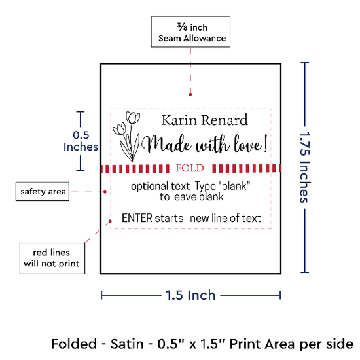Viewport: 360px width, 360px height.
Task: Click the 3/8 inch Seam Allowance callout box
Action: [x=190, y=32]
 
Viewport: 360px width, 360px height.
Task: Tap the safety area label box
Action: [x=43, y=192]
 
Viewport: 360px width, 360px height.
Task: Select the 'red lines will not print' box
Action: [x=52, y=259]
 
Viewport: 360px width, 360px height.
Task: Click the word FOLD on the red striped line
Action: [x=190, y=168]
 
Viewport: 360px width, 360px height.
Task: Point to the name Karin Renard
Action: [x=205, y=120]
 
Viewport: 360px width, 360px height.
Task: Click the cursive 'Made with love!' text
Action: [x=204, y=145]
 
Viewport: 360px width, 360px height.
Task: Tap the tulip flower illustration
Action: [x=127, y=136]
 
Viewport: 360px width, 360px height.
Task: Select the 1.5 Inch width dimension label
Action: [x=190, y=295]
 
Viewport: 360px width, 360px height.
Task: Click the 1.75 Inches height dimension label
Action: [x=305, y=167]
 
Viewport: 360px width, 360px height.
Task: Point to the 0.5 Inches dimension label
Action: [x=81, y=141]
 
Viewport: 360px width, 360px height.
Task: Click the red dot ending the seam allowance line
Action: [x=190, y=94]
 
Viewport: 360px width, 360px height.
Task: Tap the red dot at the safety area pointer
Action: [x=105, y=192]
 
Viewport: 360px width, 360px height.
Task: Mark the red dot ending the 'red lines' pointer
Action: [x=110, y=221]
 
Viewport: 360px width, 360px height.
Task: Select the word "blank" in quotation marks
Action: [x=234, y=185]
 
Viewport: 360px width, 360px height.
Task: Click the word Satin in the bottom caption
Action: [x=127, y=344]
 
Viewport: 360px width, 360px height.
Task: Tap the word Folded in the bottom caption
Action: [x=74, y=344]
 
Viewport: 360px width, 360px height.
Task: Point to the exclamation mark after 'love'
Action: [x=266, y=143]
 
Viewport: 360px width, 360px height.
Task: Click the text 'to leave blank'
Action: [x=192, y=197]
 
